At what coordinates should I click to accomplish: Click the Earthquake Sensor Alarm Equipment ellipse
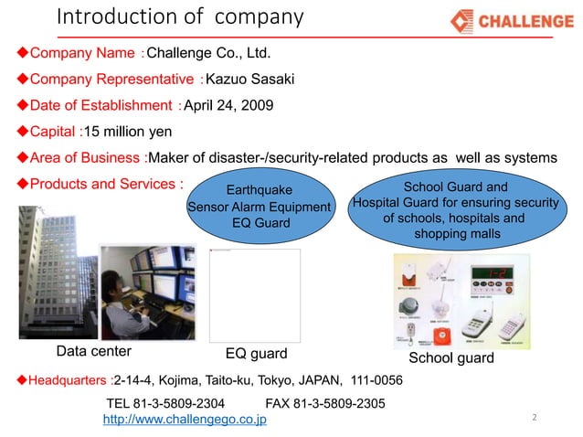tap(260, 206)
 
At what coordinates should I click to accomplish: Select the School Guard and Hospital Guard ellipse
tap(454, 210)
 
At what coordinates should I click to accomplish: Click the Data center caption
tap(94, 351)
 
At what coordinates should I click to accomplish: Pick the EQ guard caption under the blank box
tap(257, 353)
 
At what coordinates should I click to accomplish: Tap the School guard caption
tap(450, 357)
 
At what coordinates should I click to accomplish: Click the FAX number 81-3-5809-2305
tap(324, 403)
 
